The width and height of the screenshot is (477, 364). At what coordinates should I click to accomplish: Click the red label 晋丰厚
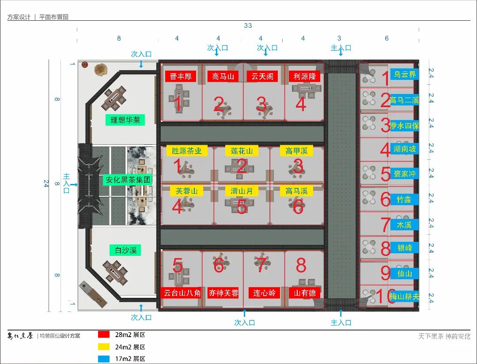click(x=181, y=76)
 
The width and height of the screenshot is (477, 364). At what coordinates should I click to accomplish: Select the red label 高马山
click(x=223, y=76)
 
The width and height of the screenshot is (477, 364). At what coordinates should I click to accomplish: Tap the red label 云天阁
click(x=262, y=76)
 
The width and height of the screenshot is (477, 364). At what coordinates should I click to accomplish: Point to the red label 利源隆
click(x=304, y=76)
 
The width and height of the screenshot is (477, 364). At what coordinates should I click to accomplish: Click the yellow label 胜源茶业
click(x=186, y=151)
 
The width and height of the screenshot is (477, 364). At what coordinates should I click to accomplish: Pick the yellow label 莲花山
click(x=242, y=151)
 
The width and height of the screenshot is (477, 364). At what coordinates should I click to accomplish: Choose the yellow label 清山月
click(x=242, y=191)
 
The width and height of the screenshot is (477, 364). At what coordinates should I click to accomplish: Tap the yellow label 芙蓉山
click(x=186, y=191)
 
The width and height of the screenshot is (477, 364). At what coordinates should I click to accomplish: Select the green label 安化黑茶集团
click(x=129, y=180)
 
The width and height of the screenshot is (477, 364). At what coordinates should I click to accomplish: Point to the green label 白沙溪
click(x=125, y=250)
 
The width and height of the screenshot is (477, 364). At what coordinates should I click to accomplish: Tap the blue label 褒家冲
click(x=405, y=174)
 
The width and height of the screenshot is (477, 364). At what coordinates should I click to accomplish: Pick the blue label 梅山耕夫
click(x=405, y=296)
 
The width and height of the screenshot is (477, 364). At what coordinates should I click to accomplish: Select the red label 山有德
click(x=304, y=293)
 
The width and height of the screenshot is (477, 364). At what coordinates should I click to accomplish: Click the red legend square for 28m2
click(x=104, y=335)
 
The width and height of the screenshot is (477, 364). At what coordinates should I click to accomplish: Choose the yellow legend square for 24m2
click(x=104, y=347)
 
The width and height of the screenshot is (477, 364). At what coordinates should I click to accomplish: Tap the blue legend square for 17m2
click(x=104, y=359)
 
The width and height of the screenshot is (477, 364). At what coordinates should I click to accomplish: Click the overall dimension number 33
click(x=248, y=26)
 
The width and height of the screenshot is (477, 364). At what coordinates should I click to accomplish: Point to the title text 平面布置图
click(x=54, y=17)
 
